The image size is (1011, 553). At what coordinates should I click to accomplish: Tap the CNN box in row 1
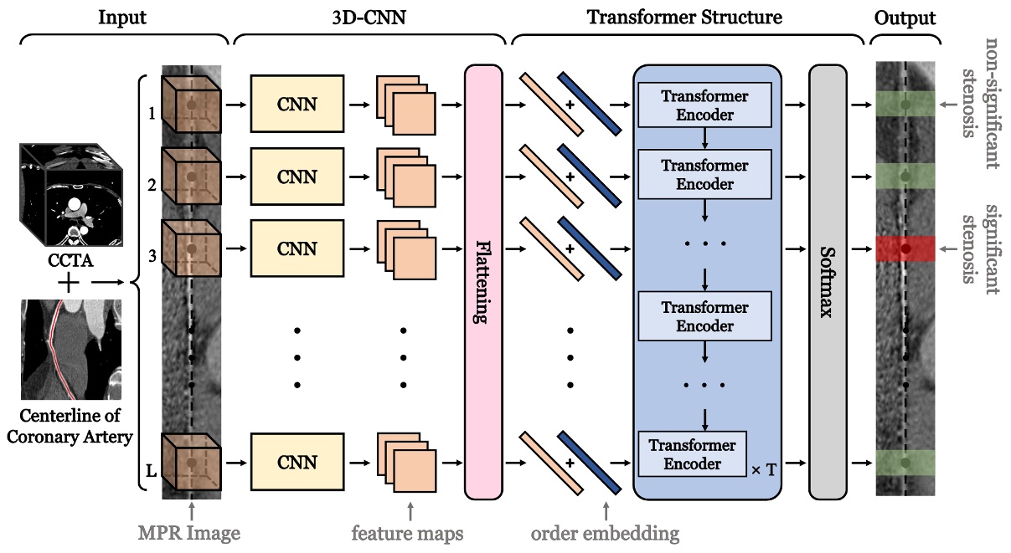click(x=297, y=105)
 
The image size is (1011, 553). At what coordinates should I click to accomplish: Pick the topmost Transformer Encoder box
click(x=704, y=105)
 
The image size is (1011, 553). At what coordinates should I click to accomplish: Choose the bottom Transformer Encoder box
click(x=692, y=454)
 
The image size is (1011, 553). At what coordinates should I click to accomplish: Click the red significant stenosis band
click(x=905, y=248)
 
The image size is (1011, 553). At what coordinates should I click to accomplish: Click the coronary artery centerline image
click(x=71, y=351)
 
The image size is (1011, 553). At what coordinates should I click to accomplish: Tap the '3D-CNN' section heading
click(x=369, y=17)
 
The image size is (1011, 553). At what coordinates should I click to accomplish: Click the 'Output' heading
click(x=905, y=17)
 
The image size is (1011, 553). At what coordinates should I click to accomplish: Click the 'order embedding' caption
click(x=606, y=533)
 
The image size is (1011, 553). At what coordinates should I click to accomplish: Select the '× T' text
click(x=764, y=470)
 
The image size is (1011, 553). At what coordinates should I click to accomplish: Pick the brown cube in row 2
click(x=190, y=177)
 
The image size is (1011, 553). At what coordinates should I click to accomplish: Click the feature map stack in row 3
click(x=406, y=248)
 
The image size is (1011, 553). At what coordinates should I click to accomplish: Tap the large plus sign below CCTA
click(x=70, y=284)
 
